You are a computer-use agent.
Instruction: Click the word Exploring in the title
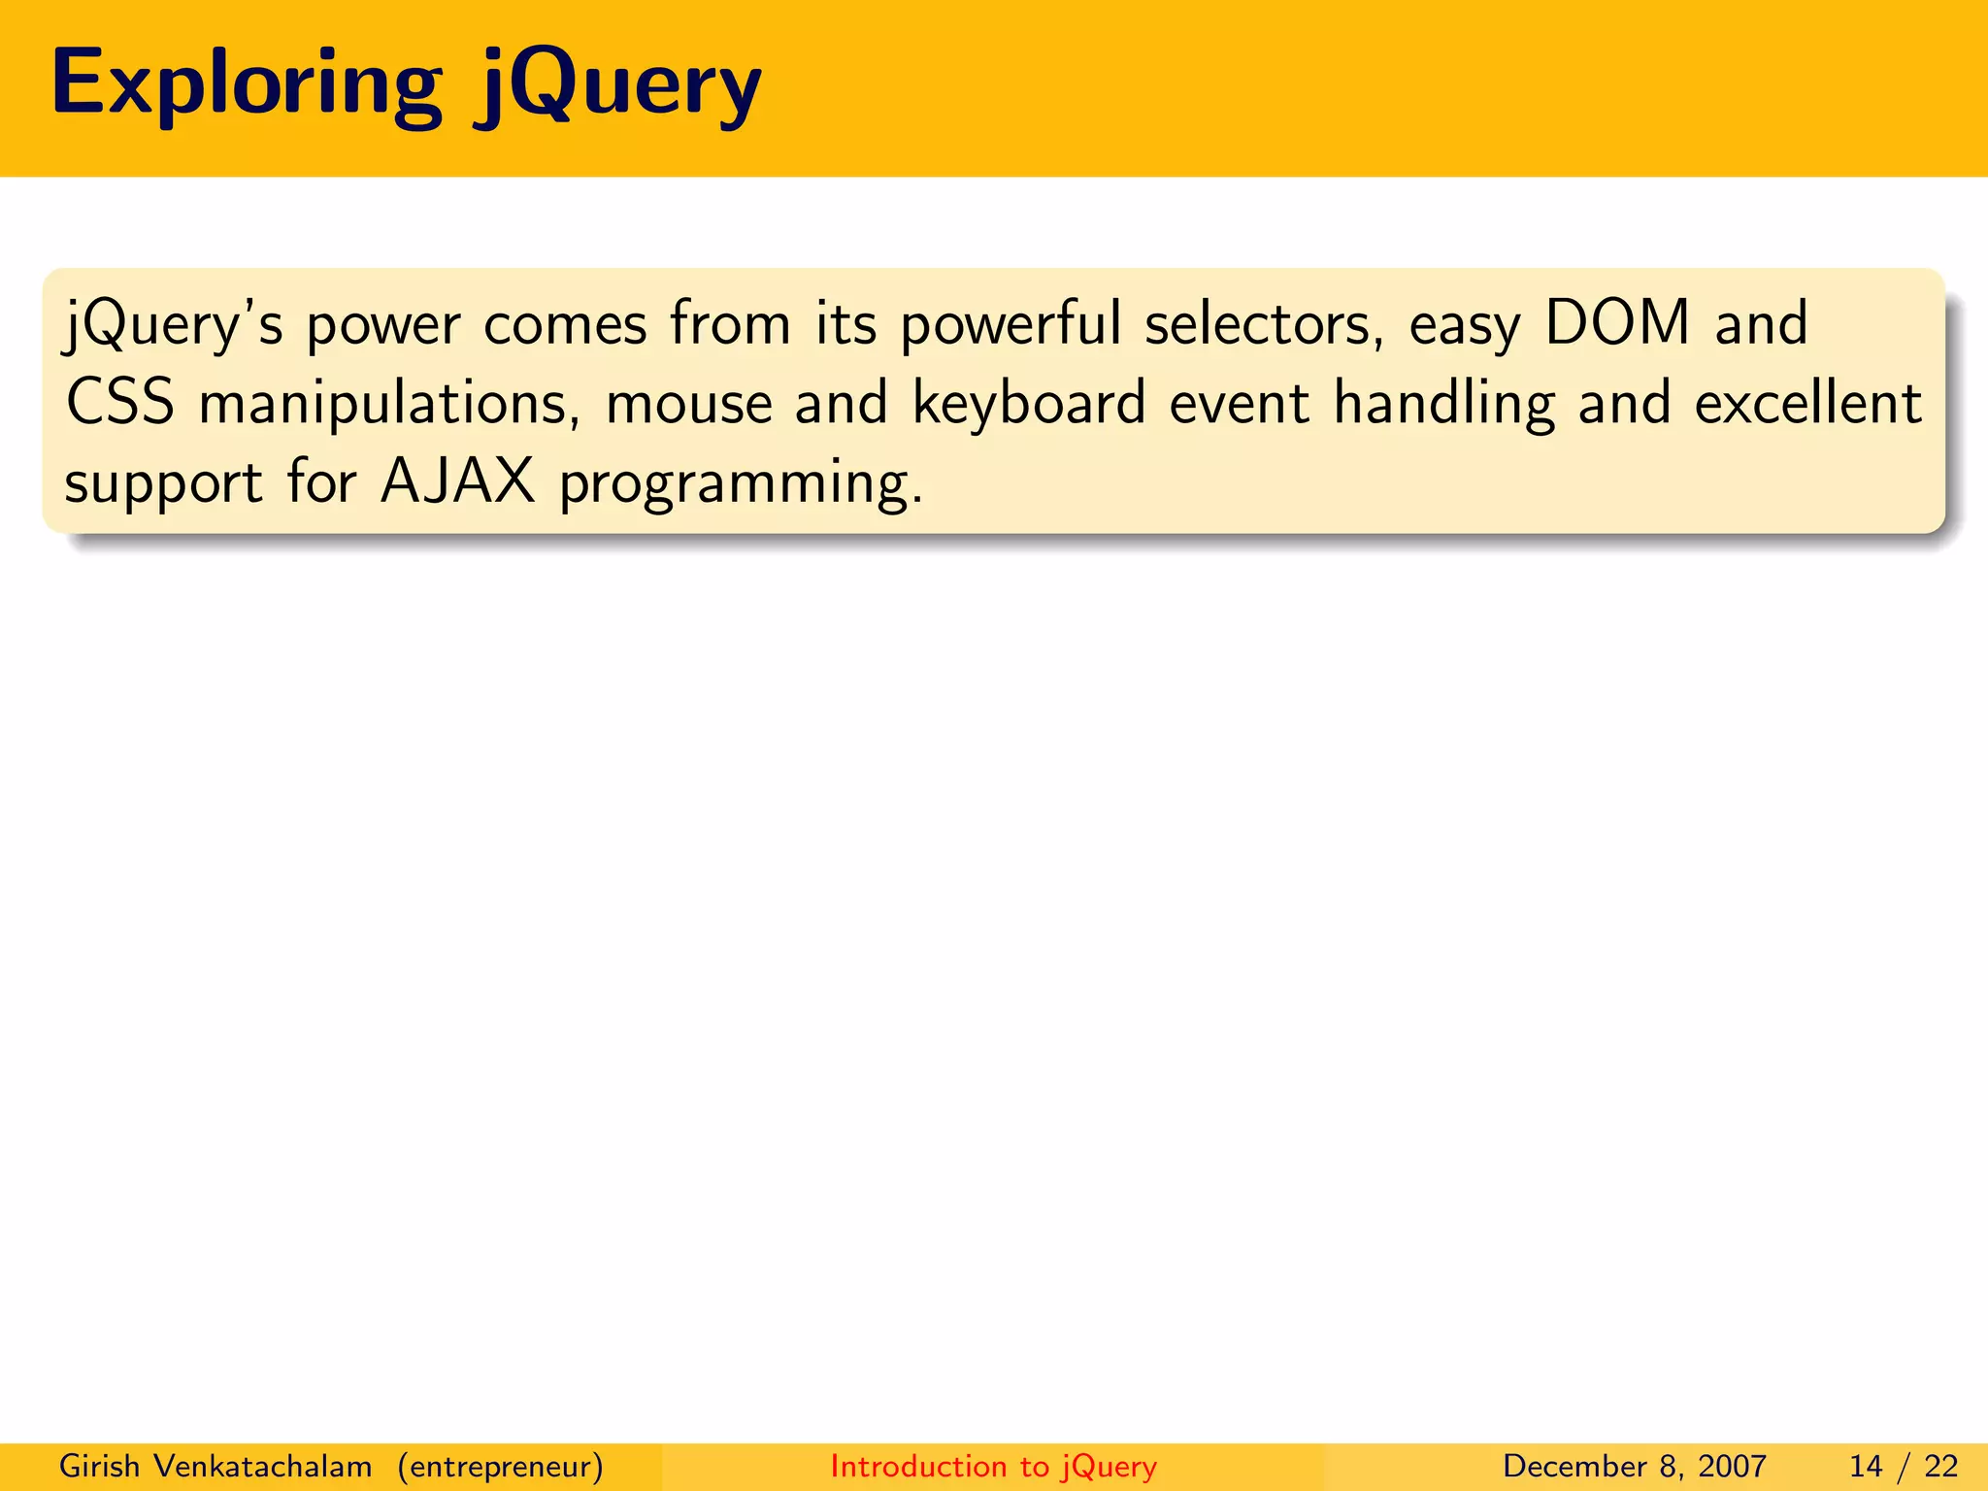coord(247,85)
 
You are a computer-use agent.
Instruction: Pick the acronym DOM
coord(1617,322)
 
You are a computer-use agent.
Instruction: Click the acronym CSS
coord(120,403)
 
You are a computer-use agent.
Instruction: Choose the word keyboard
coord(1029,403)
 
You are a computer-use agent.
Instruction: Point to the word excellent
coord(1807,403)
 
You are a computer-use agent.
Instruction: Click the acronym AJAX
coord(458,481)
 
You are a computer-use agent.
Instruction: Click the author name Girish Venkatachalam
coord(215,1466)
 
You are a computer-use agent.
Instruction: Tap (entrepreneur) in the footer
coord(500,1467)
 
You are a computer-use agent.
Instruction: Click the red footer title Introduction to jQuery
coord(993,1467)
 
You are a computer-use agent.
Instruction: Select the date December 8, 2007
coord(1634,1467)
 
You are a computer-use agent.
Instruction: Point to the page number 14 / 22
coord(1903,1467)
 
